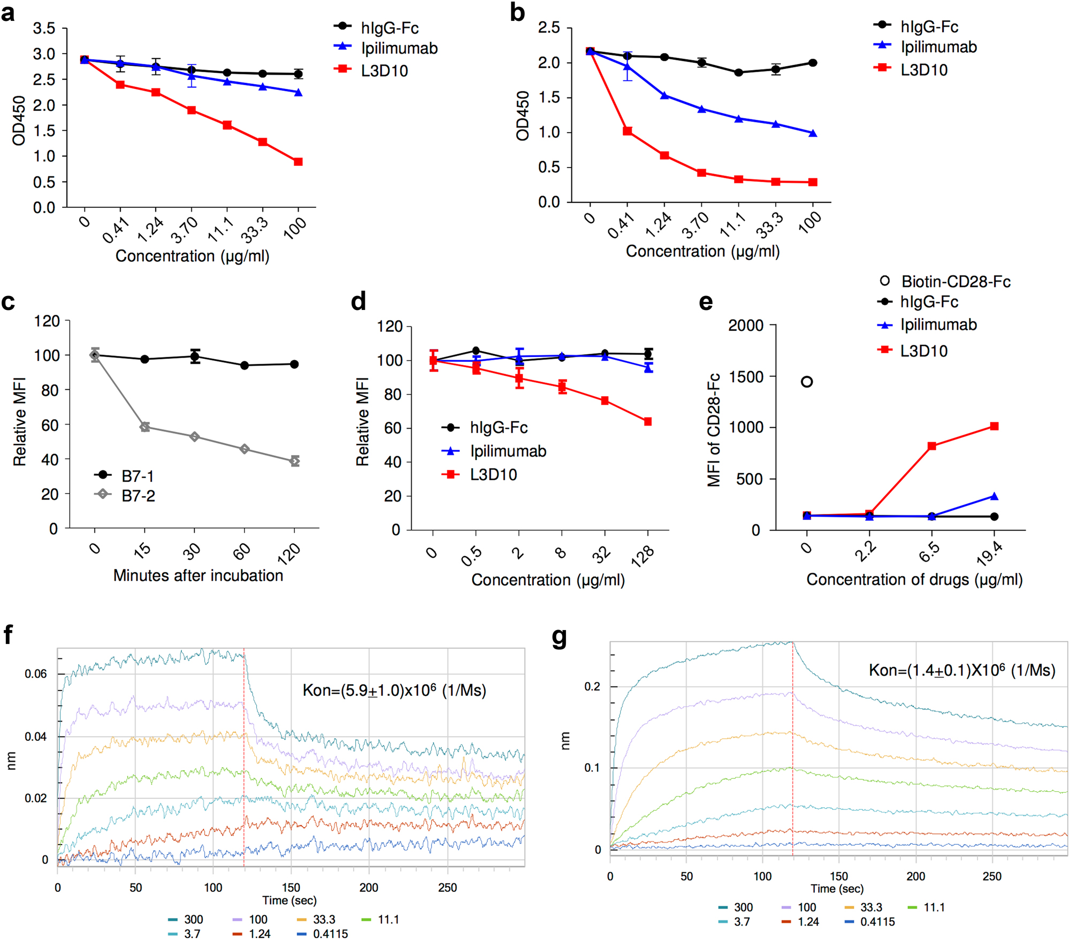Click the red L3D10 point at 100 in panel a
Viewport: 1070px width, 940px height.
(x=298, y=162)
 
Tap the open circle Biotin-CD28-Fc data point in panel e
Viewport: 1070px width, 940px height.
(x=807, y=382)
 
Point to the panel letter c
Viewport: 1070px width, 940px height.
(x=8, y=302)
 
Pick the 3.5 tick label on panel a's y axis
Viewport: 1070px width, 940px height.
(x=44, y=28)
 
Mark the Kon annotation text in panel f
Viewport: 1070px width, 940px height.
(x=394, y=691)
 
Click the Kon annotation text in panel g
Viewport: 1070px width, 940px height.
(x=961, y=670)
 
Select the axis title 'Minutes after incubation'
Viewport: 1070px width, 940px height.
(x=198, y=575)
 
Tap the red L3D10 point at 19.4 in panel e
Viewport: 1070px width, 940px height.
(x=994, y=426)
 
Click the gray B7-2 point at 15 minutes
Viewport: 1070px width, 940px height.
(x=144, y=427)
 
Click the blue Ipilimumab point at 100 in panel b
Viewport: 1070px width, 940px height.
(x=813, y=133)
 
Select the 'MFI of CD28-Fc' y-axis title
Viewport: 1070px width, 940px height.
(x=714, y=430)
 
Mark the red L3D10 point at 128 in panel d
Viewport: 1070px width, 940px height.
(x=648, y=422)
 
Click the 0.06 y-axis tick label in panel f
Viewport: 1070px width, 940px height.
(x=36, y=674)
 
